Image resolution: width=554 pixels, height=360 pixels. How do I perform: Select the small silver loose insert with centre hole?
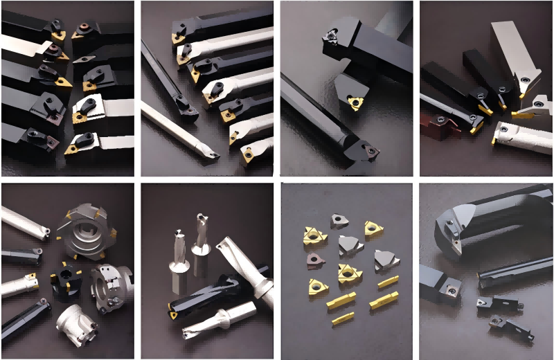tap(339, 222)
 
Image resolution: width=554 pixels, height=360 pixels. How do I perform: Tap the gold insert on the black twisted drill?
tap(172, 315)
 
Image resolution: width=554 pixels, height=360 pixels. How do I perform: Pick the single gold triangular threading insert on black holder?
tap(355, 103)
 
